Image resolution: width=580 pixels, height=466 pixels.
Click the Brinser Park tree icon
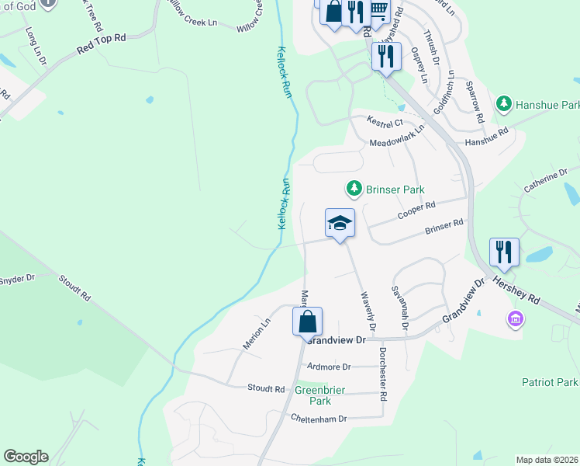(x=354, y=189)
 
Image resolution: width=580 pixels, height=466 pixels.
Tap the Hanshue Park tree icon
(x=504, y=103)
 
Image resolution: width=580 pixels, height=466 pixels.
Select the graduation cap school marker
(x=340, y=224)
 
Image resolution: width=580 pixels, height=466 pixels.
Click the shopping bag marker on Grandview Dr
(x=308, y=320)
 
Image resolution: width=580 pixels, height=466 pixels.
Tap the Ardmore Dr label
(x=329, y=366)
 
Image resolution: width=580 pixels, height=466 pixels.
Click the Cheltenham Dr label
(x=318, y=419)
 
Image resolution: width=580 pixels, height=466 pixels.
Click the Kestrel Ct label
(x=385, y=122)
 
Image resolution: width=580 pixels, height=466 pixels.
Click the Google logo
(x=26, y=457)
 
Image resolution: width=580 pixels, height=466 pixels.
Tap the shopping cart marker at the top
(x=378, y=11)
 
